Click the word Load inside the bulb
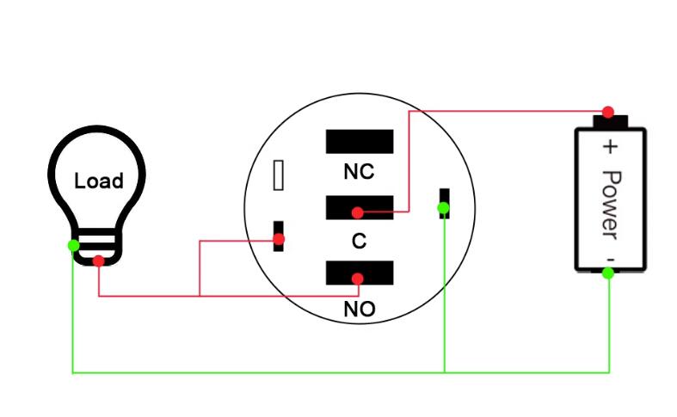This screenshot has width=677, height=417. pos(99,181)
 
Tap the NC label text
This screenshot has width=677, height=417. pos(359,172)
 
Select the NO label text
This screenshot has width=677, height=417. pos(360,309)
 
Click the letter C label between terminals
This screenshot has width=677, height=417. pos(360,241)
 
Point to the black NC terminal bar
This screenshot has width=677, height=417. pos(360,141)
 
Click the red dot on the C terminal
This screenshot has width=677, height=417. pos(358,212)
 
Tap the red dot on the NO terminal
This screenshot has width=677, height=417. pos(358,279)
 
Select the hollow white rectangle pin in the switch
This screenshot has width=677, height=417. pos(279,175)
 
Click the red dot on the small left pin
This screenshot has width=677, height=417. pos(279,239)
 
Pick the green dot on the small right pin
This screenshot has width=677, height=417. pos(443,208)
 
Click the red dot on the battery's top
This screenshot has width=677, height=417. pos(608,113)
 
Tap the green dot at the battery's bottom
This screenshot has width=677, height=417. pos(608,273)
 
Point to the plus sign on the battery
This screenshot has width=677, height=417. pos(610,147)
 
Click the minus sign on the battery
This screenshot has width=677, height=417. pos(610,260)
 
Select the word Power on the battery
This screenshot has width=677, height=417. pos(611,205)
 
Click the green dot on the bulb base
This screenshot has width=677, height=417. pos(73,246)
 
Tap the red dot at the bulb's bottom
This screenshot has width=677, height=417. pos(98,261)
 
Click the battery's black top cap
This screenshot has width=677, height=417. pos(610,121)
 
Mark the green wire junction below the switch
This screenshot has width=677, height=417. pos(444,372)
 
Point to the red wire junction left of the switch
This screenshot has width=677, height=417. pos(200,296)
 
